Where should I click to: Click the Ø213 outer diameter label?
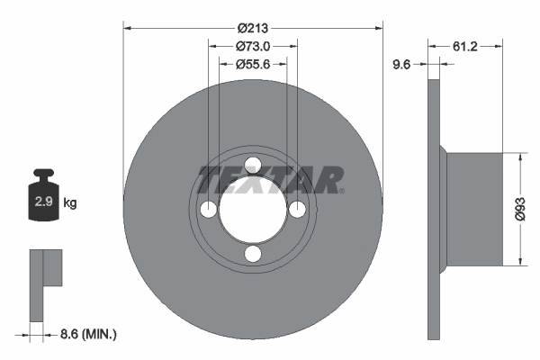point(253,27)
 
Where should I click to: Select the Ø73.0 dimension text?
point(253,46)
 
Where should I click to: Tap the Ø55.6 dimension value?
point(253,64)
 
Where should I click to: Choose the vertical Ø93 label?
point(519,209)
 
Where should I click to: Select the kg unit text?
point(69,203)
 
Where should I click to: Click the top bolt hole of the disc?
point(253,164)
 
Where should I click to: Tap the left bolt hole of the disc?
point(208,209)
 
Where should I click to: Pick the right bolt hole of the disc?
point(297,209)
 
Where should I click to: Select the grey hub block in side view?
point(474,209)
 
